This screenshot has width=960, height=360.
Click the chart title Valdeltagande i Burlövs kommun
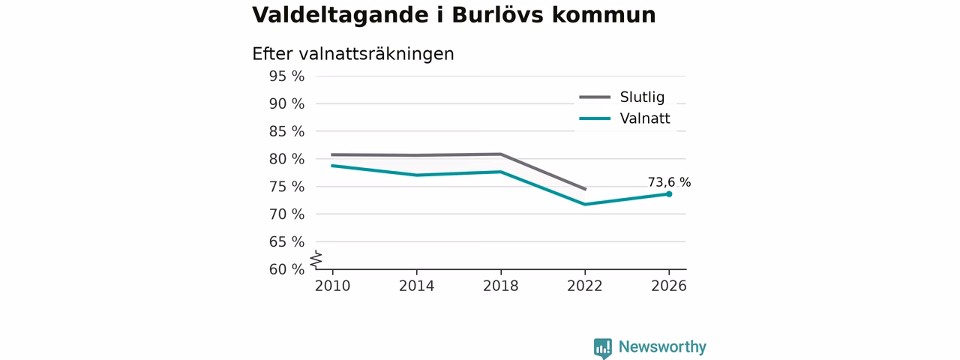point(454,16)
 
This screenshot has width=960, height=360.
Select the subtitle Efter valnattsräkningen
point(352,55)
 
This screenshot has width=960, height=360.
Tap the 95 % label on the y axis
point(286,76)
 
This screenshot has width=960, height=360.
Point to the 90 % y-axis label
point(286,103)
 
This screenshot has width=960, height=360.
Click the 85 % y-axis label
point(286,131)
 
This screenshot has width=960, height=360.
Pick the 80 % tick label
point(286,159)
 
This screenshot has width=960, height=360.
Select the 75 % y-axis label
point(286,187)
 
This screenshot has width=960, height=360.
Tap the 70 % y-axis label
point(286,214)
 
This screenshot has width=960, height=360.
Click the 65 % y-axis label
point(286,242)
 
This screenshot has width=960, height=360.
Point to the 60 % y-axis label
point(286,269)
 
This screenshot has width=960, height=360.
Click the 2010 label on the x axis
point(332,286)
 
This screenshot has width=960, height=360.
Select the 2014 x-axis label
point(416,286)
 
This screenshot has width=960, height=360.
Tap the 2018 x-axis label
point(500,286)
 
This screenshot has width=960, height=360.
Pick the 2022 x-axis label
point(584,286)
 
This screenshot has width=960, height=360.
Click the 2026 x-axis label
point(668,286)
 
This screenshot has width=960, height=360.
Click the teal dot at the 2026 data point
point(669,194)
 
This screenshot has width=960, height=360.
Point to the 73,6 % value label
point(669,182)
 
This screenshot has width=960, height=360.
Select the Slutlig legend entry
point(622,97)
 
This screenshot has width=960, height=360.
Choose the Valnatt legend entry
point(625,118)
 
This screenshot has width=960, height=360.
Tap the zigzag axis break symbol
point(316,260)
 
